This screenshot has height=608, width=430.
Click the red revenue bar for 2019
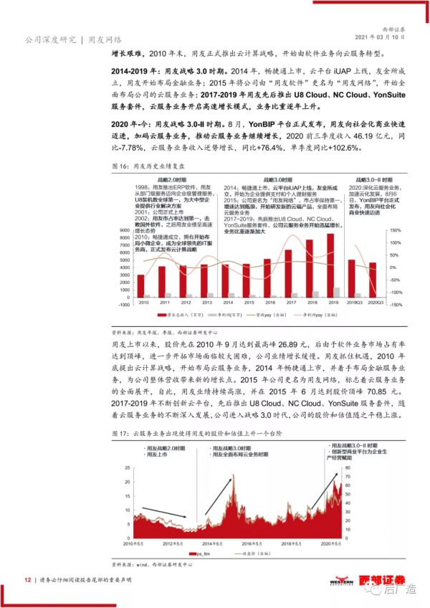[x=352, y=276]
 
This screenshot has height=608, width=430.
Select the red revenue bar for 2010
[x=140, y=285]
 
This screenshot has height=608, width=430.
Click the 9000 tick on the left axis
[x=125, y=209]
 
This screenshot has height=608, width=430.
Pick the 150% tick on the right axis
[x=394, y=209]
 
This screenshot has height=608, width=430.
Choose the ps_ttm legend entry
[x=199, y=554]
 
